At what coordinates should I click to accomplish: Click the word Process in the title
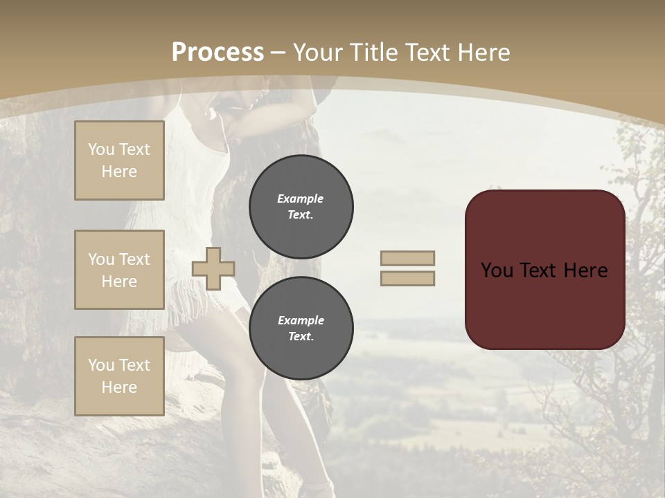click(218, 53)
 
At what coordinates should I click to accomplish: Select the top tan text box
click(119, 160)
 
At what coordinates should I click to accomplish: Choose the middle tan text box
click(119, 270)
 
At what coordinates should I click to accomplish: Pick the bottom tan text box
click(119, 376)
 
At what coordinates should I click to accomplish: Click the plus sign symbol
click(213, 268)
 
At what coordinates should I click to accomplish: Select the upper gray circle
click(301, 206)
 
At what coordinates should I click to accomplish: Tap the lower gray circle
click(301, 328)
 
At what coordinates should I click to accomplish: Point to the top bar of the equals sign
click(407, 258)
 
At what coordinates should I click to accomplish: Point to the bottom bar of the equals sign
click(407, 278)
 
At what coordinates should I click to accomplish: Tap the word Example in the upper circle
click(301, 199)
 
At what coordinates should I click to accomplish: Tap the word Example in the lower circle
click(301, 320)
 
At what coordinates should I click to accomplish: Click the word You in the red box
click(497, 270)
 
